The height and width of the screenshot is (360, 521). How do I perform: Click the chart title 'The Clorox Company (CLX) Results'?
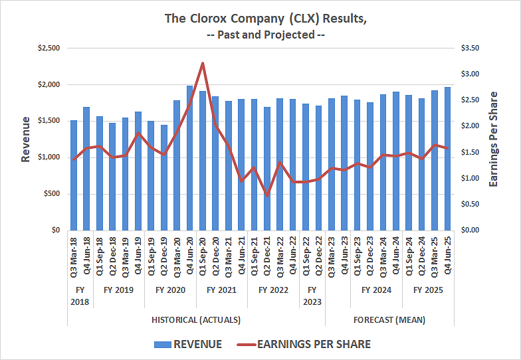264,18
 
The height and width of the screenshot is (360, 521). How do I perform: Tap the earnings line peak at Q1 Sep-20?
202,64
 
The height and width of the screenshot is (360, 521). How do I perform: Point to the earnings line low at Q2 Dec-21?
266,195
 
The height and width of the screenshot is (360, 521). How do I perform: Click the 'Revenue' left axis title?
25,139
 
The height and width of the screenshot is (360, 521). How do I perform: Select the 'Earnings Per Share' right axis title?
493,139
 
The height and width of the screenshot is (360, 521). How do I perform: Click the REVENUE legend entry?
188,344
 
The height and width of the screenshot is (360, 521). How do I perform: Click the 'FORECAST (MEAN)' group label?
389,319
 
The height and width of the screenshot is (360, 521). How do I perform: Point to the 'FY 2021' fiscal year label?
221,290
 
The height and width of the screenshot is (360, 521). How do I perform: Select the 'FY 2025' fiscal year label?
428,290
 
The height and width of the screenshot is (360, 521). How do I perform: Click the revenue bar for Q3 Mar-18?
74,175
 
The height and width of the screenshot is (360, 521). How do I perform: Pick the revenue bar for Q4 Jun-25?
447,159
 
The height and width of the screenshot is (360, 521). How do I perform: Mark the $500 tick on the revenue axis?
52,194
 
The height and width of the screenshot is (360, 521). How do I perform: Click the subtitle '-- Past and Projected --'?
264,35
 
